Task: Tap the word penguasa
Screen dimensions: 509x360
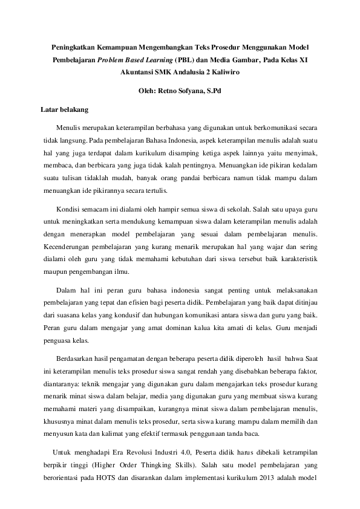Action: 58,341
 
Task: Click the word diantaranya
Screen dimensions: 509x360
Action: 61,382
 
